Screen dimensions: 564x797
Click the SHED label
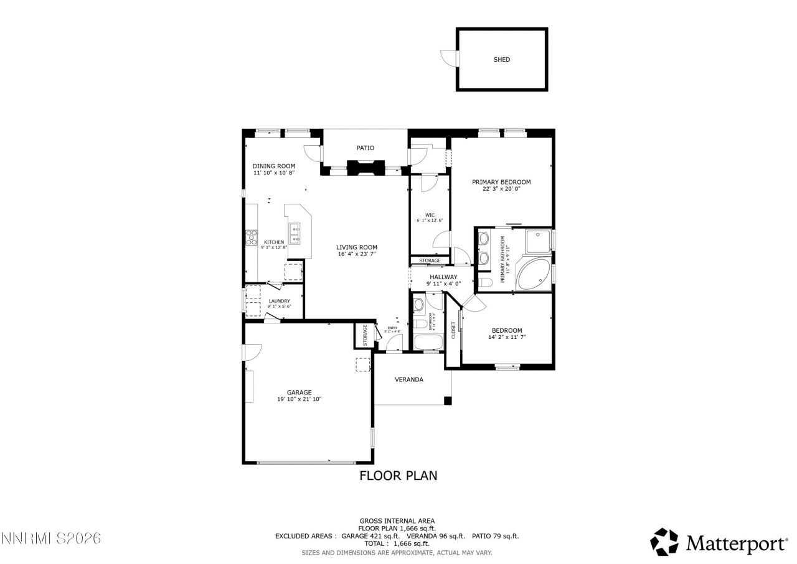pos(501,60)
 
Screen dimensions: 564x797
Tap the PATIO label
pos(365,148)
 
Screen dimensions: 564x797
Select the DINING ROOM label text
pos(273,166)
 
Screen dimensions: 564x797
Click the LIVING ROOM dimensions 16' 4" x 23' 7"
pos(357,254)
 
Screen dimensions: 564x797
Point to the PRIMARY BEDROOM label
pos(501,182)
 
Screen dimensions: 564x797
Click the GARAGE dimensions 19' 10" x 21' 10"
pos(299,399)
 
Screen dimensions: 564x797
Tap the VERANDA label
pos(409,380)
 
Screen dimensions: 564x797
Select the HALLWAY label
pos(443,277)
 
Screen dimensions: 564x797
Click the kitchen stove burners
pos(252,236)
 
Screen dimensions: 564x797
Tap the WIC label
pos(430,215)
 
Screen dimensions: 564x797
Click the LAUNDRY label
pos(279,301)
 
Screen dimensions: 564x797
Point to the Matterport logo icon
pos(664,542)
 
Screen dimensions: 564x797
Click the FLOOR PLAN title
pos(398,476)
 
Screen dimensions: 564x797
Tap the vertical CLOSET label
pos(453,330)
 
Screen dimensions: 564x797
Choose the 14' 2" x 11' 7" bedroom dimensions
pos(507,338)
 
